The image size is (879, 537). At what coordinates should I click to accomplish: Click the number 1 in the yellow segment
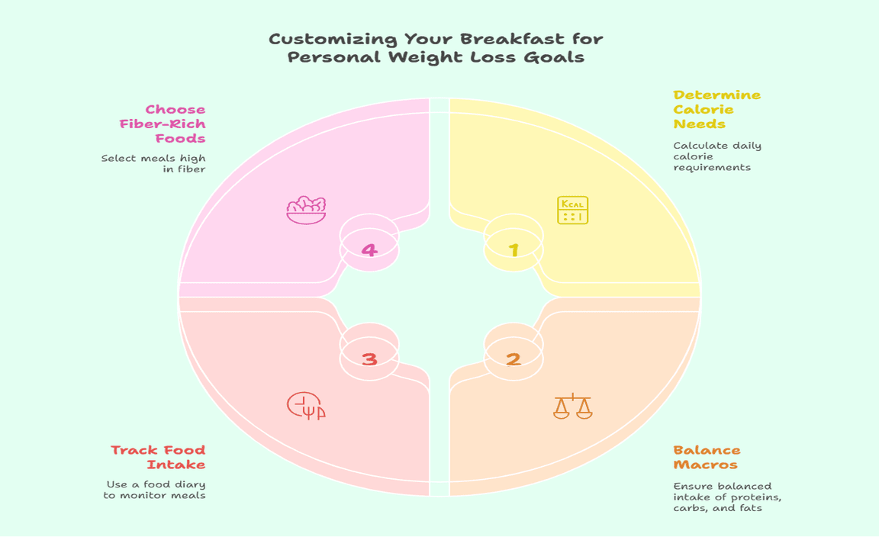[x=514, y=249]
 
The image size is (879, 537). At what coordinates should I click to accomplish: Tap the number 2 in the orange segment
[x=514, y=358]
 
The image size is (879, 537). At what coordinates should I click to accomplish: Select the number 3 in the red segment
[x=369, y=358]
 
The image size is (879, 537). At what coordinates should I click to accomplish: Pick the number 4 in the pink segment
[x=369, y=249]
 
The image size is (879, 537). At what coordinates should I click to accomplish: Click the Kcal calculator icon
[x=573, y=211]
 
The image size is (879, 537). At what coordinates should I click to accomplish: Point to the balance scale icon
[x=573, y=406]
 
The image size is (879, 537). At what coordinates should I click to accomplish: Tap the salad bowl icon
[x=306, y=210]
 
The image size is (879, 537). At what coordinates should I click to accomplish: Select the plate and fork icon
[x=306, y=406]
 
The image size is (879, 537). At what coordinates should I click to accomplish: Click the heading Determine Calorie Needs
[x=716, y=110]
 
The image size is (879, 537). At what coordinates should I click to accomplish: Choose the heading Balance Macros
[x=707, y=457]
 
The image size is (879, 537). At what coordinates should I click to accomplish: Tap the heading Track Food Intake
[x=158, y=457]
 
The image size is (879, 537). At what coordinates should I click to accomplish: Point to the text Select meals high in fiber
[x=153, y=163]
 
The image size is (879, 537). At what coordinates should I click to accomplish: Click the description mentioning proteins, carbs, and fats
[x=727, y=497]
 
